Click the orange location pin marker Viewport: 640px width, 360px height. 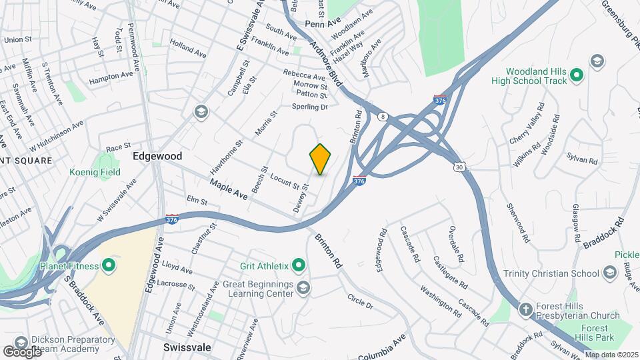click(x=321, y=159)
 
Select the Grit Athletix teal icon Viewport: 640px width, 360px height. click(x=299, y=267)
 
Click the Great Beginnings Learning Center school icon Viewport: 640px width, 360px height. click(x=304, y=287)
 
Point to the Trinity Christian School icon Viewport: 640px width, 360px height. click(x=609, y=273)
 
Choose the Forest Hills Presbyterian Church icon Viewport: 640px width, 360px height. click(x=525, y=309)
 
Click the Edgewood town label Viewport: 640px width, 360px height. click(x=157, y=155)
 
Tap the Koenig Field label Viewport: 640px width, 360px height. click(x=95, y=171)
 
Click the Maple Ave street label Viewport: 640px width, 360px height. click(x=229, y=189)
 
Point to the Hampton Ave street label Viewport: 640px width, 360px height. click(x=111, y=77)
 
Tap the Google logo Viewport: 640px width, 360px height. click(x=22, y=351)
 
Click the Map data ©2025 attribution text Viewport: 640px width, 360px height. click(x=611, y=355)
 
